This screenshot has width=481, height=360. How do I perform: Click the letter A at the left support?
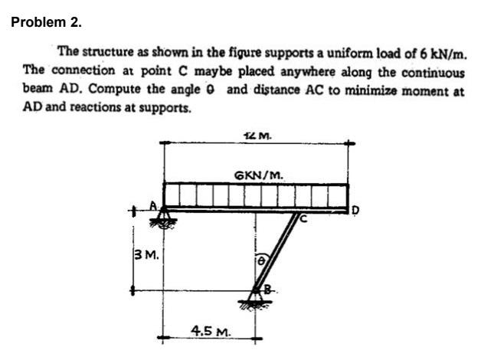(153, 205)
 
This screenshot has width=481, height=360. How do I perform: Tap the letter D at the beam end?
(355, 208)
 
